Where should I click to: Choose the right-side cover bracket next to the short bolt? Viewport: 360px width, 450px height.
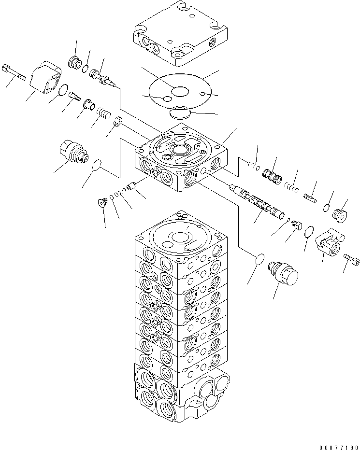click(x=330, y=241)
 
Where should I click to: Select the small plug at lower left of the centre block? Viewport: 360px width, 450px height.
click(x=102, y=202)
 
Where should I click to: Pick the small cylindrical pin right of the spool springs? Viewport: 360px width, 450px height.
click(x=311, y=197)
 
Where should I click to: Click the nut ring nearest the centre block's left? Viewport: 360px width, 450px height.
click(x=118, y=122)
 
